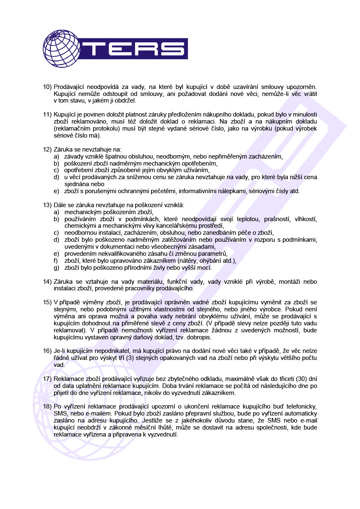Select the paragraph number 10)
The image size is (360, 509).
tap(47, 87)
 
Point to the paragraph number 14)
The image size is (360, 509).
tap(47, 282)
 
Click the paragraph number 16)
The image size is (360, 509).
tap(47, 351)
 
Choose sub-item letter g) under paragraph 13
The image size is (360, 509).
tap(56, 268)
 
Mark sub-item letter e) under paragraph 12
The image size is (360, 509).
tap(56, 191)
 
